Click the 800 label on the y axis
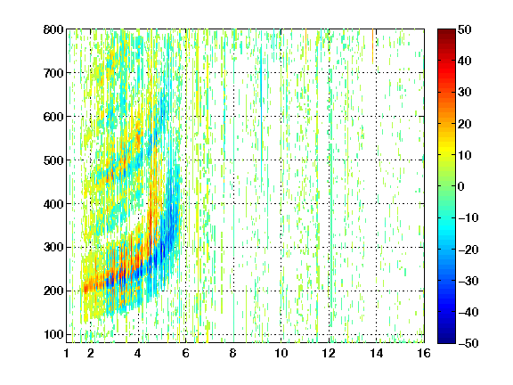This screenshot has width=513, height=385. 53,29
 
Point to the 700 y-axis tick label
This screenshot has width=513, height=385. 53,73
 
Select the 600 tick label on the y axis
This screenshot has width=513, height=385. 53,117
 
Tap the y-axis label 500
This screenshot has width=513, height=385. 53,160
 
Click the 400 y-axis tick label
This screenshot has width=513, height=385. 53,204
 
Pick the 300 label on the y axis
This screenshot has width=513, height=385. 53,247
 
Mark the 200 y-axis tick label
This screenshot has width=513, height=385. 53,291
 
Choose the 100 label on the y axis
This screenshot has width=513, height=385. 53,334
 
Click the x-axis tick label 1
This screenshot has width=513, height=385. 67,353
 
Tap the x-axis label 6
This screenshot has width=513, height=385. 186,353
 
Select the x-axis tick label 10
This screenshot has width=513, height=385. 281,353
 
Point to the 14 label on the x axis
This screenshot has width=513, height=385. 376,353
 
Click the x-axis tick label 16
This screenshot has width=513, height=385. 424,353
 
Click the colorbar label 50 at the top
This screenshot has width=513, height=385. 464,29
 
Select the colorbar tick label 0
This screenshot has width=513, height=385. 461,186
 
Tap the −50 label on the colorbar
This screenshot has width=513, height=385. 468,343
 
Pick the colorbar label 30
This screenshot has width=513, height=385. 464,93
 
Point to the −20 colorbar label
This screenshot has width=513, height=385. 468,250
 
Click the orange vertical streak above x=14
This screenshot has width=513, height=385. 372,45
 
